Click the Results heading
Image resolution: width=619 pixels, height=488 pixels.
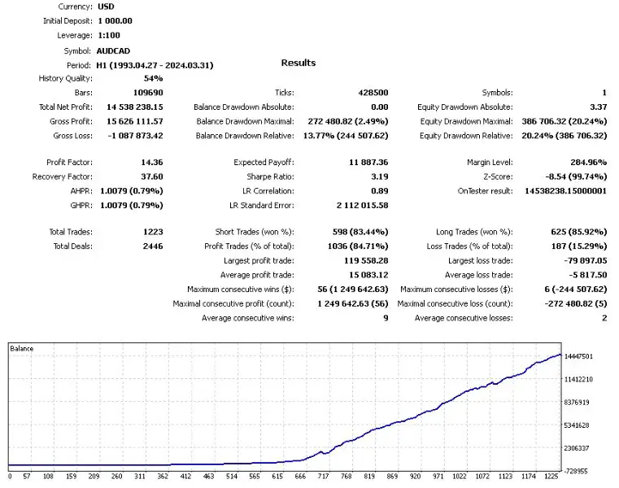[x=298, y=63]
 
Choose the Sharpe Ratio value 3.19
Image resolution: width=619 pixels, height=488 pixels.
[x=377, y=176]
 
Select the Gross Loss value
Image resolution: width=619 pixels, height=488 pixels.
[x=130, y=136]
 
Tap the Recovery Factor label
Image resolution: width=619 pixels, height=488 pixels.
[x=62, y=176]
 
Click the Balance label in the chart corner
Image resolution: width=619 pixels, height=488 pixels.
[x=22, y=349]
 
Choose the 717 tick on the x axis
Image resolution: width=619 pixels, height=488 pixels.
[x=323, y=477]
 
